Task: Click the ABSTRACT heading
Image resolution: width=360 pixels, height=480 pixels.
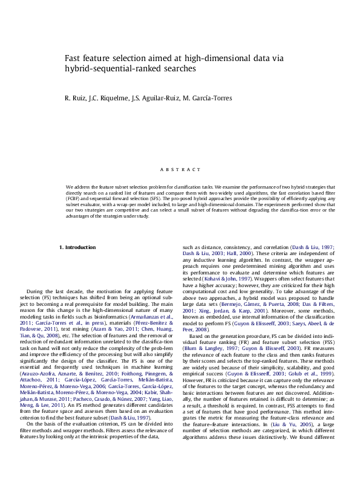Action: (x=180, y=170)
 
